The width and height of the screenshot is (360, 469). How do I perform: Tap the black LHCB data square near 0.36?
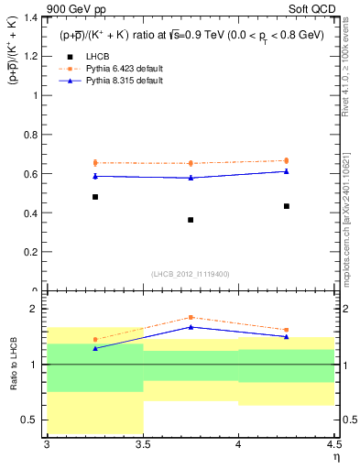coord(191,220)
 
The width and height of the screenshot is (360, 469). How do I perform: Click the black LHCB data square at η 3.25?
coord(94,197)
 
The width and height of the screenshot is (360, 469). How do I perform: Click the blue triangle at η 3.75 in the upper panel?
coord(191,178)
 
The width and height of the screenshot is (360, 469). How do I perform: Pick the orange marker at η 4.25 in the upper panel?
coord(287,160)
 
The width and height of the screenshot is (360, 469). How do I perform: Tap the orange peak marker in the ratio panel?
coord(191,317)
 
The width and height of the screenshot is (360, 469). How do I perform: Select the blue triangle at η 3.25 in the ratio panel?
coord(94,348)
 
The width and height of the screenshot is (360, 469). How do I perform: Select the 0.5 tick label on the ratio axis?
coord(29,420)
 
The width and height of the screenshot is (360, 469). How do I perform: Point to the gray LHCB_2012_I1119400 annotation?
coord(190,274)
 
